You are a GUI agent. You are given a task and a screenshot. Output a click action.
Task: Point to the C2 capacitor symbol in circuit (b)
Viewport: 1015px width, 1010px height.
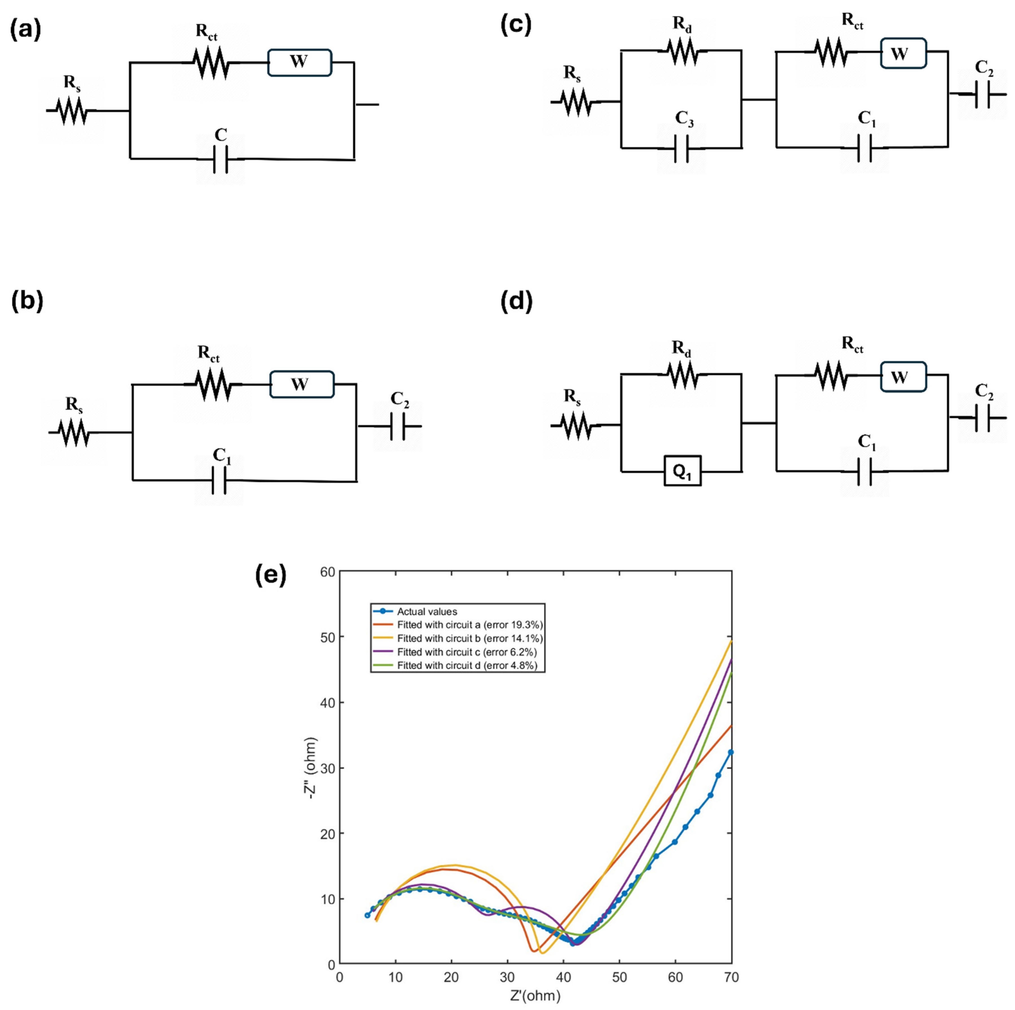(398, 426)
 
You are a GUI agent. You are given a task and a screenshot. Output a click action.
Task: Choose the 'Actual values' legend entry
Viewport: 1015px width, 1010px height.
(427, 611)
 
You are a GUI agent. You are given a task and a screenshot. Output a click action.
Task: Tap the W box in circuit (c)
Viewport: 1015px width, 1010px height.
(903, 53)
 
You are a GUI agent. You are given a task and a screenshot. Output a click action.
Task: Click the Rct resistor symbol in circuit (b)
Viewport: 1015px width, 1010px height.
(213, 384)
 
